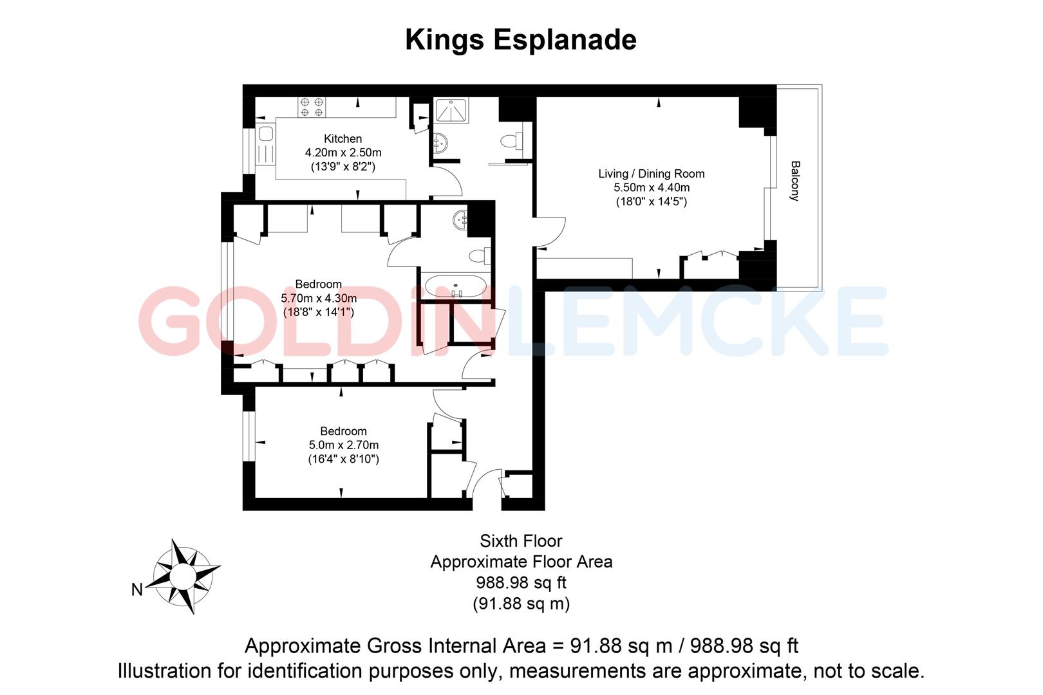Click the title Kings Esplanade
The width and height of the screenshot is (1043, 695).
pyautogui.click(x=520, y=40)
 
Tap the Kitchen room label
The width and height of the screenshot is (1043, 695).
pyautogui.click(x=343, y=138)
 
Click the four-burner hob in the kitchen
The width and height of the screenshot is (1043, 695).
pyautogui.click(x=312, y=107)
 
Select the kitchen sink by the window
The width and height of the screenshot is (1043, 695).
pyautogui.click(x=265, y=136)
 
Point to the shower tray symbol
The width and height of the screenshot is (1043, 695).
pyautogui.click(x=451, y=111)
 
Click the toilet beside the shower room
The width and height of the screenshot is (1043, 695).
pyautogui.click(x=512, y=140)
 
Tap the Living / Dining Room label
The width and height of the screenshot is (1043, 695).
pyautogui.click(x=651, y=174)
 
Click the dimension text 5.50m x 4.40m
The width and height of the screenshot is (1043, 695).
pyautogui.click(x=651, y=188)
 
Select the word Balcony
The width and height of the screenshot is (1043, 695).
pyautogui.click(x=795, y=181)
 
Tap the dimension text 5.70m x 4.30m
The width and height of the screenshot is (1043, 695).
pyautogui.click(x=319, y=299)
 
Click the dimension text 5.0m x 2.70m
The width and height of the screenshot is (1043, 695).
pyautogui.click(x=343, y=445)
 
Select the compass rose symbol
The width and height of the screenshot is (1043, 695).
pyautogui.click(x=186, y=575)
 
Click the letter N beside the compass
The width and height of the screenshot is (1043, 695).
pyautogui.click(x=136, y=589)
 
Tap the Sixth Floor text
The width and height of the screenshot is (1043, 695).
pyautogui.click(x=521, y=541)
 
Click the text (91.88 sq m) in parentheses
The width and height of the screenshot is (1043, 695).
pyautogui.click(x=521, y=604)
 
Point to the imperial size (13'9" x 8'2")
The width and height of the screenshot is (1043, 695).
pyautogui.click(x=343, y=167)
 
